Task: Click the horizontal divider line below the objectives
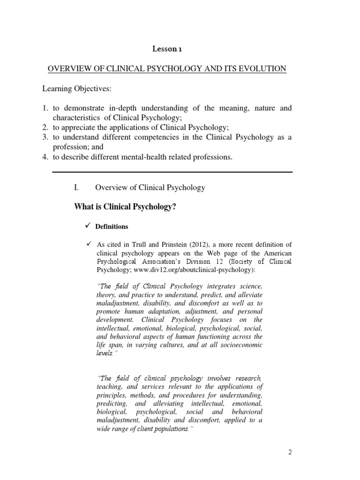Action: pos(172,172)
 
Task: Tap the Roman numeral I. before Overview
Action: pos(77,187)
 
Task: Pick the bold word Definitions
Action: pos(112,226)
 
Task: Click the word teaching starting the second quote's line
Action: pos(111,387)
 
